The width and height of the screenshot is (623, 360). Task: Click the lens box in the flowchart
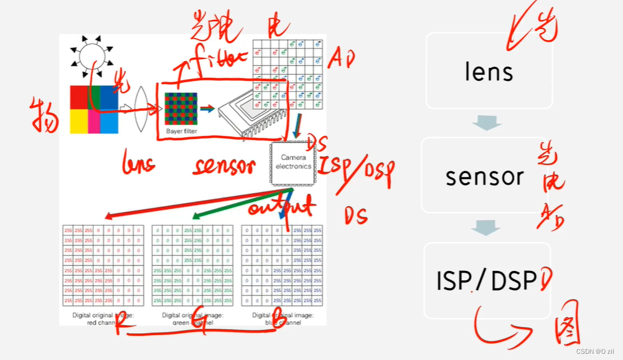[489, 70]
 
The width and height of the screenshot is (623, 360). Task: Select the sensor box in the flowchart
[484, 176]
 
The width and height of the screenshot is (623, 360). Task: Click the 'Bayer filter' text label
[181, 131]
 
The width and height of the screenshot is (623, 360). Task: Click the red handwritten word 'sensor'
[224, 167]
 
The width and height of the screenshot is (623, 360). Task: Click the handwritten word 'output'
[282, 206]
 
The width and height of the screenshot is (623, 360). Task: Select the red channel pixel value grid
[103, 265]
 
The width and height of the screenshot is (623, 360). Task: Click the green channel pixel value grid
[192, 265]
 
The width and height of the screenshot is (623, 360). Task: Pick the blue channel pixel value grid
[282, 265]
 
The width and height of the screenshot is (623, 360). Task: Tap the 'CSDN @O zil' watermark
[596, 351]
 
